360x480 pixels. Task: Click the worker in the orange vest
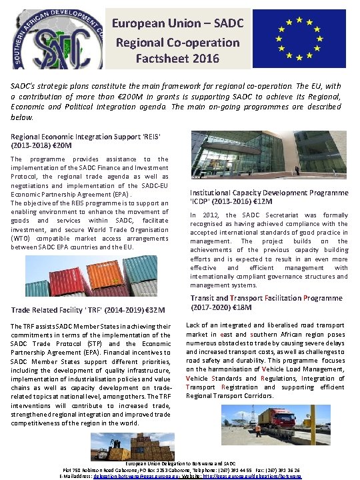point(258,431)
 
